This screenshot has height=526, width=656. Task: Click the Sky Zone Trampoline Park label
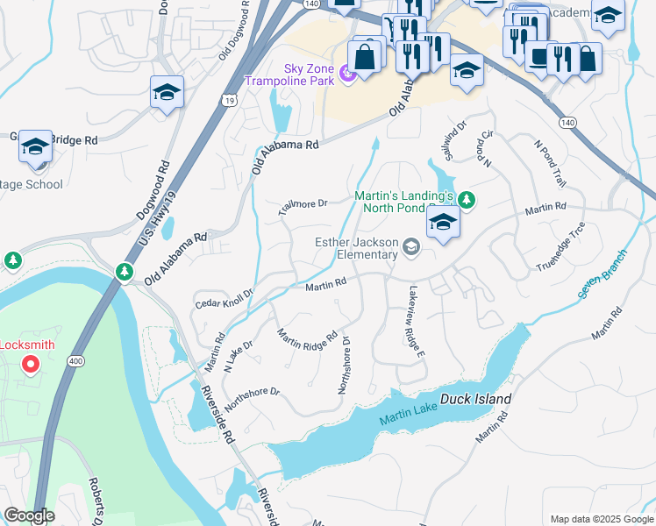[304, 75]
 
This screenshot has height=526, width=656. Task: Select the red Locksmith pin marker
[32, 364]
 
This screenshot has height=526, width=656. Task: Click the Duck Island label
[474, 399]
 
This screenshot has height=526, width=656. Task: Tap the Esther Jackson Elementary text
[356, 248]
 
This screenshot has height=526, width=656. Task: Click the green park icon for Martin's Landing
[467, 201]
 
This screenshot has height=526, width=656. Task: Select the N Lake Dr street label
[239, 357]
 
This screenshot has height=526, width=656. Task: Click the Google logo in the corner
[29, 515]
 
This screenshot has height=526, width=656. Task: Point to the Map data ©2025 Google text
[601, 519]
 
